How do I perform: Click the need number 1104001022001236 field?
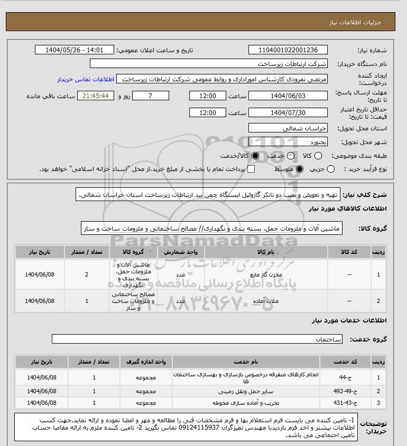tap(288, 50)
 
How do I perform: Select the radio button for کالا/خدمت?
tap(256, 156)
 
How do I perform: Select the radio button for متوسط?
tap(300, 169)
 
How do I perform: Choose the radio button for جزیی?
tap(331, 169)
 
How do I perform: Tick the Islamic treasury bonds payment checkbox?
tap(251, 169)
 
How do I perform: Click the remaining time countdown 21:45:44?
tap(96, 96)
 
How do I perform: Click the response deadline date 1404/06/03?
tap(288, 96)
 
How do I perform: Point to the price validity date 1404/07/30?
tap(288, 113)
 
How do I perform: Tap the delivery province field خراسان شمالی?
tap(288, 128)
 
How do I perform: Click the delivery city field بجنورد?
tap(288, 142)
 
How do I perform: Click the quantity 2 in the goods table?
tap(87, 274)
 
